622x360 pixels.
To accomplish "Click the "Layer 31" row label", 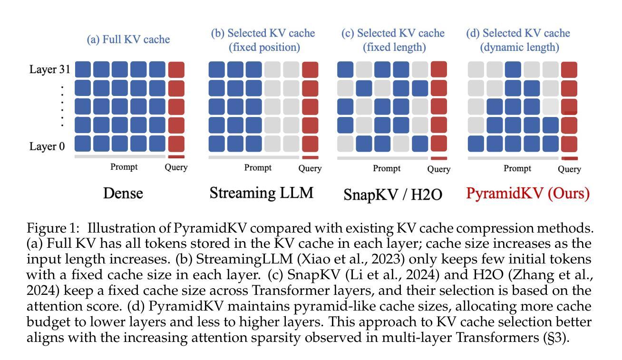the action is click(x=50, y=69).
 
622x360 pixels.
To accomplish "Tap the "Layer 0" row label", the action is click(x=47, y=146).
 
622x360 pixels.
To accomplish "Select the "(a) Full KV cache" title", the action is click(x=128, y=39).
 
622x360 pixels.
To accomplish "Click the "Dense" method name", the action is click(x=123, y=193).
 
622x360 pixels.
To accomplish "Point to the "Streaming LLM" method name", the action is click(x=262, y=193).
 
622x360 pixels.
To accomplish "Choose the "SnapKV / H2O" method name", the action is click(x=393, y=194).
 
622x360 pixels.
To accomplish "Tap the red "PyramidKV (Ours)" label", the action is click(x=528, y=193).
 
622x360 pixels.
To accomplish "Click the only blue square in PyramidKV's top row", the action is click(x=513, y=69).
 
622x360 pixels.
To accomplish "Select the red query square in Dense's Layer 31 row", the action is click(x=176, y=69).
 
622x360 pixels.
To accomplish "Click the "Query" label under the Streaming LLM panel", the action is click(x=310, y=168).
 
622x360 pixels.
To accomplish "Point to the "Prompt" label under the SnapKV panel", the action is click(x=387, y=168).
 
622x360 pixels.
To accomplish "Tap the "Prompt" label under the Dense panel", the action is click(x=124, y=166).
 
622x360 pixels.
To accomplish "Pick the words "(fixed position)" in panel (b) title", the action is click(x=264, y=47).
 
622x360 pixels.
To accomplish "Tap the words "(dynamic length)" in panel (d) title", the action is click(x=520, y=47).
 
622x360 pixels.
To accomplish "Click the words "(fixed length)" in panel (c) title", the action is click(x=394, y=47).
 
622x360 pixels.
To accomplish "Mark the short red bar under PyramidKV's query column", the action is click(x=570, y=159).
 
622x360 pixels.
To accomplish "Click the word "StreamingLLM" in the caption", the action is click(x=244, y=259).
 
